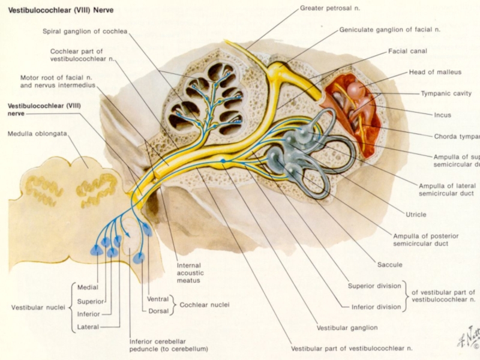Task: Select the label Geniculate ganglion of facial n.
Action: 390,29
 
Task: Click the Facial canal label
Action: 407,51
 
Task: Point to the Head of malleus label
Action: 435,72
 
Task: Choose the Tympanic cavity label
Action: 446,94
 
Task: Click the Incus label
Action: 442,115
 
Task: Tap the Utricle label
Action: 417,214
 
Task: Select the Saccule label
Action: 389,265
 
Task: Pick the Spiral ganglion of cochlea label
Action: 85,31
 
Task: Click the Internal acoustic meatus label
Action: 189,272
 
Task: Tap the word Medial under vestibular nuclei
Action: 88,287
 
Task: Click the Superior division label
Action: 374,286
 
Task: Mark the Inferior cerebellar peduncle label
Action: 169,345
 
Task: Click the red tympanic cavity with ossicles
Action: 354,108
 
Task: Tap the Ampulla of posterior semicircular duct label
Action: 421,239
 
